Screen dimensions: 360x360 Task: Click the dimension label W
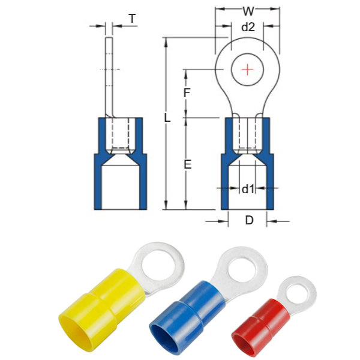click(x=248, y=11)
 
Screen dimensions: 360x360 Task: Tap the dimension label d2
click(x=248, y=27)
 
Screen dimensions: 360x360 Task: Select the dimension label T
click(x=132, y=19)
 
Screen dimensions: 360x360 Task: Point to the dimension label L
click(x=167, y=118)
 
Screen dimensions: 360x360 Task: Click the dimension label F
click(x=187, y=93)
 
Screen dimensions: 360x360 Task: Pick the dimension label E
click(x=188, y=164)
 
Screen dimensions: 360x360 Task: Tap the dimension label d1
click(x=248, y=189)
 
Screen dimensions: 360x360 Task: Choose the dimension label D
click(x=250, y=220)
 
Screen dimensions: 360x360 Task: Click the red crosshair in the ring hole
click(x=247, y=70)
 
